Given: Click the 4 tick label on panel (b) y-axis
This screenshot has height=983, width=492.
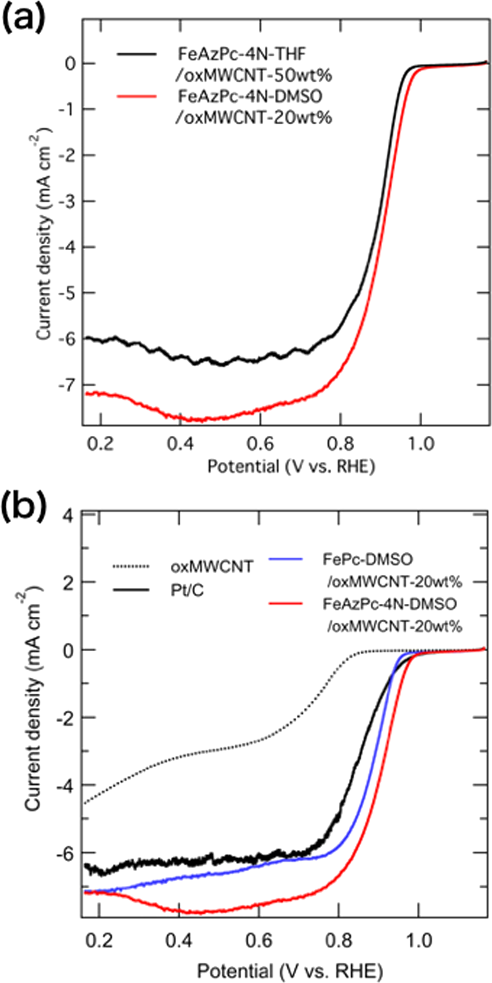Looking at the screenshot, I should pos(68,514).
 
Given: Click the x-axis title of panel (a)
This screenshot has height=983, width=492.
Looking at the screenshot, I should pos(291,467).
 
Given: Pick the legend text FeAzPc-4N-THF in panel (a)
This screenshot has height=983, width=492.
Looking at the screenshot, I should pos(242,54).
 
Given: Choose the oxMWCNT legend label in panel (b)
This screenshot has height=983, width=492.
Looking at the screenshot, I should pos(211,566).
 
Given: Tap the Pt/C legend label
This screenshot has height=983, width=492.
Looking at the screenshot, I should pos(187,590).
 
